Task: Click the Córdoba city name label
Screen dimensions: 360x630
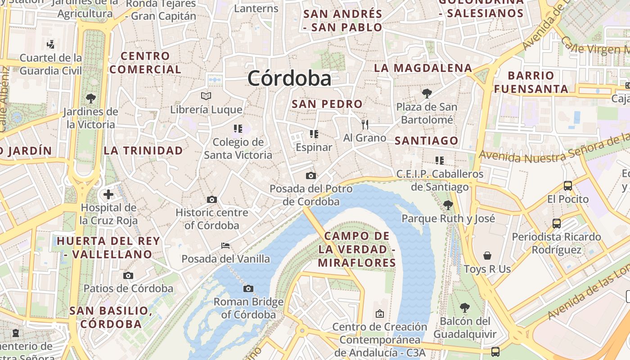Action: (289, 78)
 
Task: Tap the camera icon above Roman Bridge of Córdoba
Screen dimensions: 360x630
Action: (248, 288)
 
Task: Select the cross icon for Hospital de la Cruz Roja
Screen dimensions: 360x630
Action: (108, 194)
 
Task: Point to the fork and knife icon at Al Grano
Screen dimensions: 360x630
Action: (365, 124)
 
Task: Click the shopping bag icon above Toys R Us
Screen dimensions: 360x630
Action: (487, 256)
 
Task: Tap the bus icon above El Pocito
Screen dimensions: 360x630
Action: (568, 185)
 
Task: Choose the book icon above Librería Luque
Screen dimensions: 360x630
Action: (206, 96)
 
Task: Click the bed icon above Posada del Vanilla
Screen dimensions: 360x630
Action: (225, 246)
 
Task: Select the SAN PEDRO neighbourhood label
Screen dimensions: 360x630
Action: (327, 104)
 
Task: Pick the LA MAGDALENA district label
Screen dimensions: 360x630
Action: (423, 68)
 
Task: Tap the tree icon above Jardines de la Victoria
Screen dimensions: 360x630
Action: (90, 98)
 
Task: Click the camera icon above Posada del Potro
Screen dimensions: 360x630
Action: (310, 175)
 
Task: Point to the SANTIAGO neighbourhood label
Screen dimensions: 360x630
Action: (426, 141)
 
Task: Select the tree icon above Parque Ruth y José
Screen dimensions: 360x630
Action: (448, 205)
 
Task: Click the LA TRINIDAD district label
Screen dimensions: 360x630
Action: (143, 150)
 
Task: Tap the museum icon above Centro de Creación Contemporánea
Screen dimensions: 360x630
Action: (380, 313)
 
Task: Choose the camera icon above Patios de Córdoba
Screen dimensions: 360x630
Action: (128, 275)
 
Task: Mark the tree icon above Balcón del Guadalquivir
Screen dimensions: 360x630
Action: (465, 308)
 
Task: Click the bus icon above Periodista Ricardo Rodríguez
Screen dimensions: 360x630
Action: (557, 223)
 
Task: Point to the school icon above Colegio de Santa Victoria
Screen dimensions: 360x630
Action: (238, 129)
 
